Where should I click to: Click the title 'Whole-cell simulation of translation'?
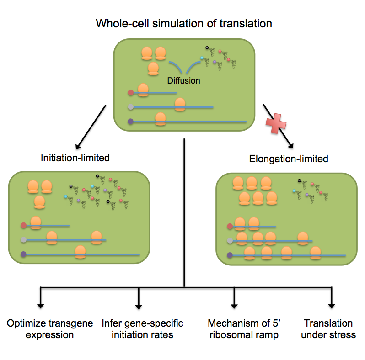tap(184, 23)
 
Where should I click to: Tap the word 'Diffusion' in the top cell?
tap(184, 80)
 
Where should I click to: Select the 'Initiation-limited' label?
tap(75, 158)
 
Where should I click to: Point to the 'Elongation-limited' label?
tap(289, 159)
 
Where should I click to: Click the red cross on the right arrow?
tap(276, 123)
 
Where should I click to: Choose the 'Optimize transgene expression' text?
tap(50, 329)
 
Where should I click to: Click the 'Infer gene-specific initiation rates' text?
tap(142, 329)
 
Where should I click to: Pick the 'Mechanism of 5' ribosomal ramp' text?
tap(244, 329)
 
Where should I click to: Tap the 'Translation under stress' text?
tap(328, 329)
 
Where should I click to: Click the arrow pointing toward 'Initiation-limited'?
tap(91, 127)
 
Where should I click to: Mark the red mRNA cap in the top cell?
tap(131, 93)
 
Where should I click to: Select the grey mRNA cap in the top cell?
tap(131, 107)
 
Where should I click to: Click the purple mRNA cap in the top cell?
tap(131, 121)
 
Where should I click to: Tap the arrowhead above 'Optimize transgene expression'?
tap(41, 306)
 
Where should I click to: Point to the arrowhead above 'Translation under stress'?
tap(331, 306)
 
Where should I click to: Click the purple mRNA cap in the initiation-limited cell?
tap(23, 254)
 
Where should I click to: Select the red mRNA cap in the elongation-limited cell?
tap(230, 226)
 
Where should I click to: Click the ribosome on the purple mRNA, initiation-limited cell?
tap(81, 252)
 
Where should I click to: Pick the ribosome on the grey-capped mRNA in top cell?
tap(180, 105)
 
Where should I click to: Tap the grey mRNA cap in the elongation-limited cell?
tap(230, 241)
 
